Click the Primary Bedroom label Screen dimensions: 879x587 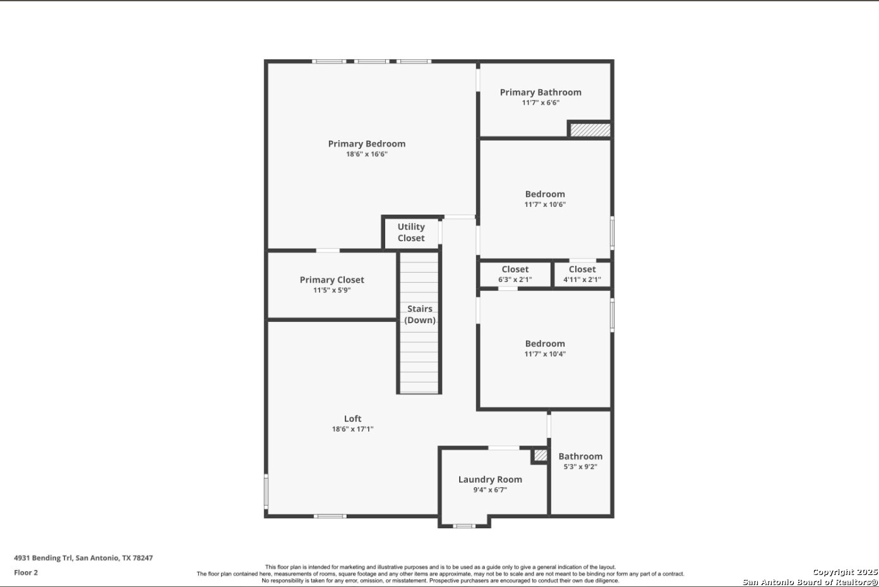tap(366, 144)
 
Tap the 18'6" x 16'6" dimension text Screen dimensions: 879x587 tap(366, 154)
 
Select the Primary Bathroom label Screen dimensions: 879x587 tap(541, 93)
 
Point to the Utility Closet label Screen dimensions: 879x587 tap(411, 232)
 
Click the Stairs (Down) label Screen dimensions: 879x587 tap(419, 314)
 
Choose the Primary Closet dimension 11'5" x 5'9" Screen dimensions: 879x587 tap(332, 290)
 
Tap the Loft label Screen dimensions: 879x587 tap(352, 418)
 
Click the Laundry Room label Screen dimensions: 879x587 tap(490, 480)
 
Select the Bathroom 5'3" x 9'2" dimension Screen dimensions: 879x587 tap(580, 466)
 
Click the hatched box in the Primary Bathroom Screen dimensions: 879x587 tap(590, 130)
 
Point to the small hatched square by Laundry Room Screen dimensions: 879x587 tap(541, 455)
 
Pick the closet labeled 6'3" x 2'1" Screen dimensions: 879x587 tap(515, 274)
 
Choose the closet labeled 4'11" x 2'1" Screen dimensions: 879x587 tap(582, 274)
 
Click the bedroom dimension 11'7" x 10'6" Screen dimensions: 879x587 tap(545, 205)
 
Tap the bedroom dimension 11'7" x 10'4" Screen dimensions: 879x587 tap(545, 353)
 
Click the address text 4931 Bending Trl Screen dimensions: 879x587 tap(43, 558)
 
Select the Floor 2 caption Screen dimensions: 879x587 tap(26, 572)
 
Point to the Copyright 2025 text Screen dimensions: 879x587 tap(844, 572)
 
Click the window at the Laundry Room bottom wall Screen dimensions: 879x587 tap(464, 526)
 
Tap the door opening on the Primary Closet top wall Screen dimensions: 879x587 tap(328, 251)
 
